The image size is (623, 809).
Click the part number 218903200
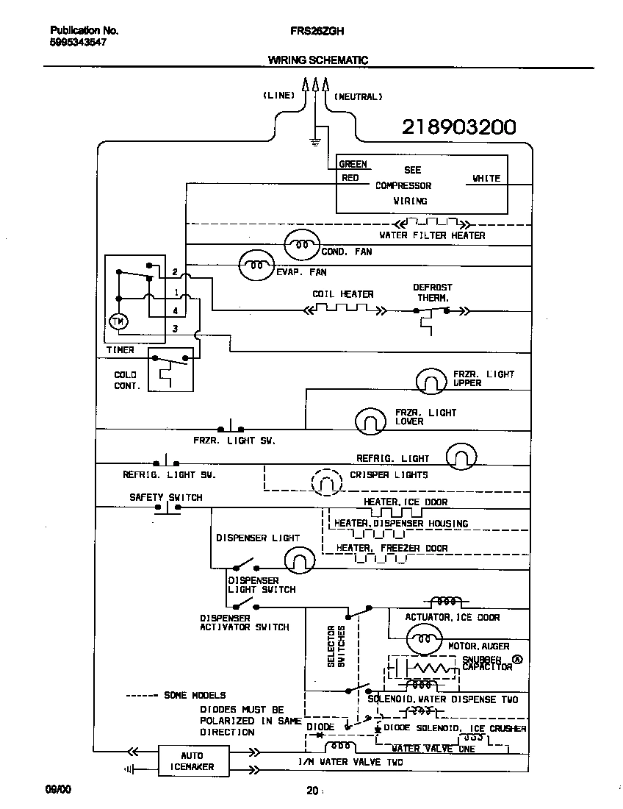pyautogui.click(x=458, y=127)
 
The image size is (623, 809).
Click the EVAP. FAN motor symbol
pyautogui.click(x=256, y=265)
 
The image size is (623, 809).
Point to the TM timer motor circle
pyautogui.click(x=117, y=321)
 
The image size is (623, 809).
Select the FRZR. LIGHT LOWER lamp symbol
pyautogui.click(x=371, y=420)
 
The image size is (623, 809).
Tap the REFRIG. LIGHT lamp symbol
pyautogui.click(x=461, y=457)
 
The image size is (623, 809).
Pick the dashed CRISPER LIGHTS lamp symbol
pyautogui.click(x=327, y=482)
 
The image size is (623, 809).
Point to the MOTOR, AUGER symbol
pyautogui.click(x=425, y=639)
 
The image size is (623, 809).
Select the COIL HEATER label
pyautogui.click(x=342, y=294)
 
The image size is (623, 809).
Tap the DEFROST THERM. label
pyautogui.click(x=432, y=293)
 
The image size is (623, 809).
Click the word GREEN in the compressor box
pyautogui.click(x=353, y=164)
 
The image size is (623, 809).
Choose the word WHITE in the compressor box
pyautogui.click(x=486, y=178)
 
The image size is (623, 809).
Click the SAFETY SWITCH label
pyautogui.click(x=165, y=497)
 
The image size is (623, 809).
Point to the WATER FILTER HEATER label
pyautogui.click(x=432, y=235)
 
